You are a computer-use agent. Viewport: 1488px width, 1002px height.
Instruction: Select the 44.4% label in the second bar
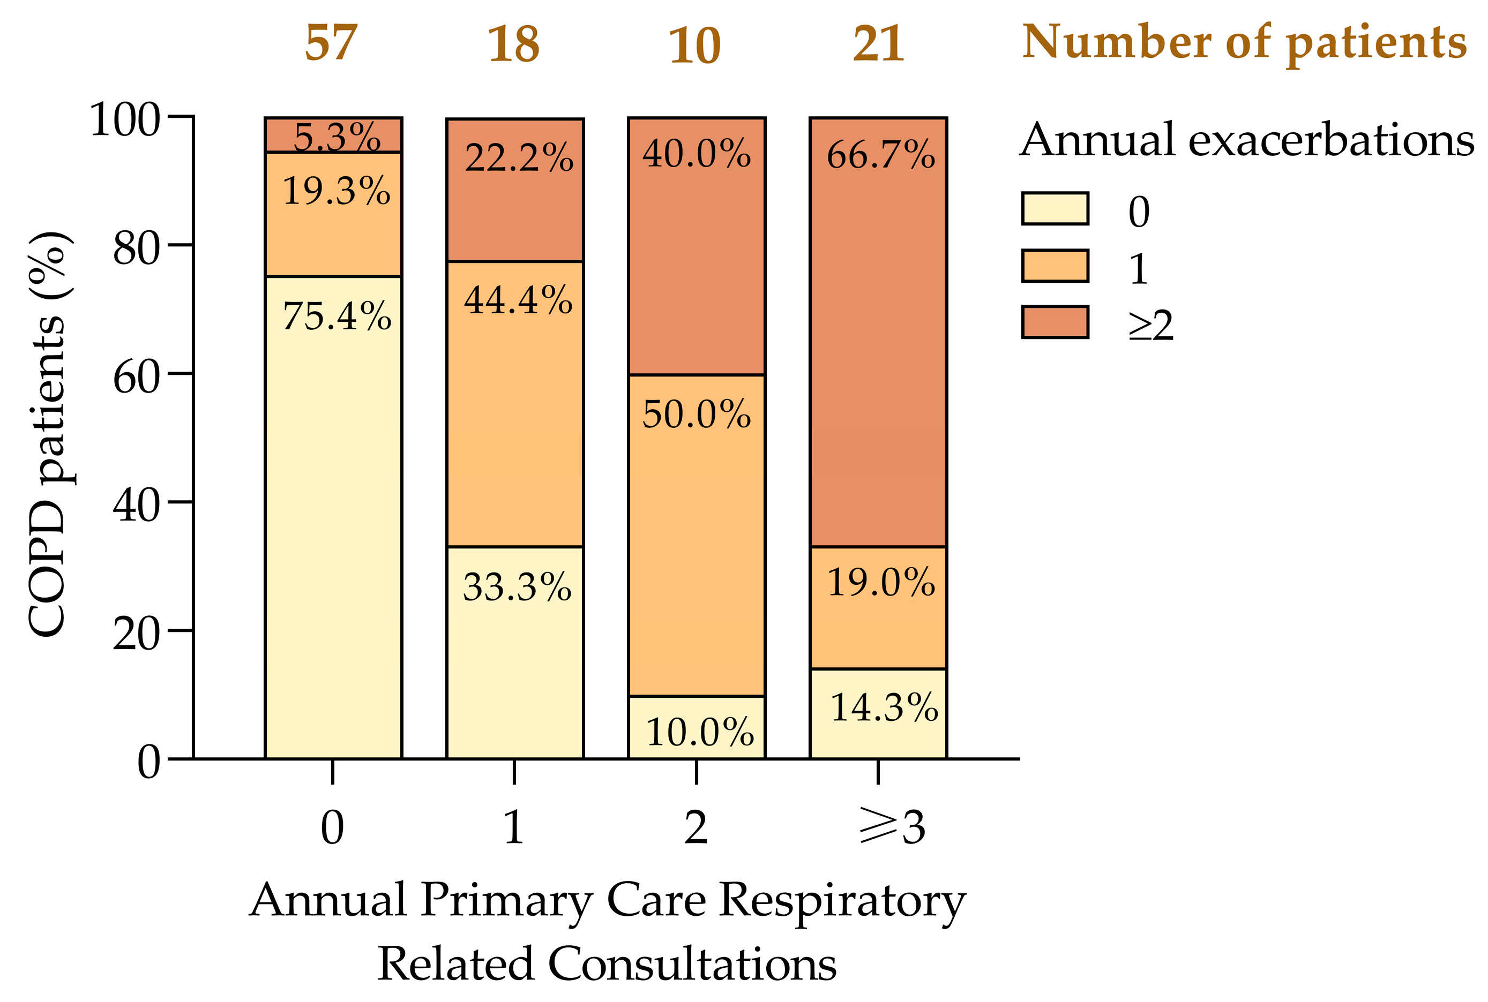click(518, 300)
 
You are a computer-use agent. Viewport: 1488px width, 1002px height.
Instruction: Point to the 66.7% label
click(880, 155)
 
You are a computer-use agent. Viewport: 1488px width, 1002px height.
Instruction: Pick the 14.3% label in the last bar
click(884, 707)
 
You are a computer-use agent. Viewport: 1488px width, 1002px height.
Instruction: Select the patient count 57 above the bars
click(331, 43)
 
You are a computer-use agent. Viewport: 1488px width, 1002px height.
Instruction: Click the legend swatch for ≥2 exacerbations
click(1054, 322)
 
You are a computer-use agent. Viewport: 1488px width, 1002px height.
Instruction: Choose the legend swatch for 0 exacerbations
click(1054, 208)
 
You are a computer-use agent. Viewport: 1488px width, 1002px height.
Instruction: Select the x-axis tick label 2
click(696, 826)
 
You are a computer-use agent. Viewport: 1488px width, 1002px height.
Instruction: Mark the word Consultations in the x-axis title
click(692, 963)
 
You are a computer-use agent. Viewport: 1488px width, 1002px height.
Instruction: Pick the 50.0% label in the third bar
click(696, 413)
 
